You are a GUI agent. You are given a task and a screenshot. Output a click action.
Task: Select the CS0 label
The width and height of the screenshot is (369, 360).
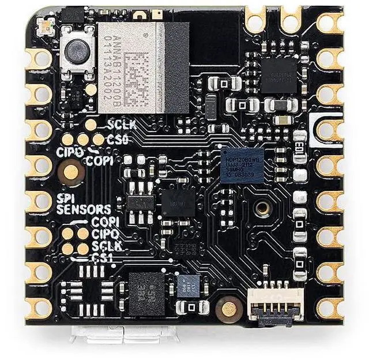coord(118,139)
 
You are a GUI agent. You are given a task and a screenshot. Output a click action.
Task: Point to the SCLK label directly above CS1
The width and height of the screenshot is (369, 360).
coord(106,245)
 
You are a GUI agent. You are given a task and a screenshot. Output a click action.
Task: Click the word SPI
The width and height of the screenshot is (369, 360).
coord(64,198)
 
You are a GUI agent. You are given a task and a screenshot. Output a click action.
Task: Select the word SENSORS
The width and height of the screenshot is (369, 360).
coord(83,209)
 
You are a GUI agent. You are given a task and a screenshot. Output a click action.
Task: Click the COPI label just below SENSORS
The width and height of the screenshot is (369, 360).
coord(106,222)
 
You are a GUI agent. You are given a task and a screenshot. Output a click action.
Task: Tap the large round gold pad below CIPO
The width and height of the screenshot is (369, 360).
coord(71,171)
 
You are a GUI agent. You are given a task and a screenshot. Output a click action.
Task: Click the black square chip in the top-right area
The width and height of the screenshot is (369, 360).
coord(278,73)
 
